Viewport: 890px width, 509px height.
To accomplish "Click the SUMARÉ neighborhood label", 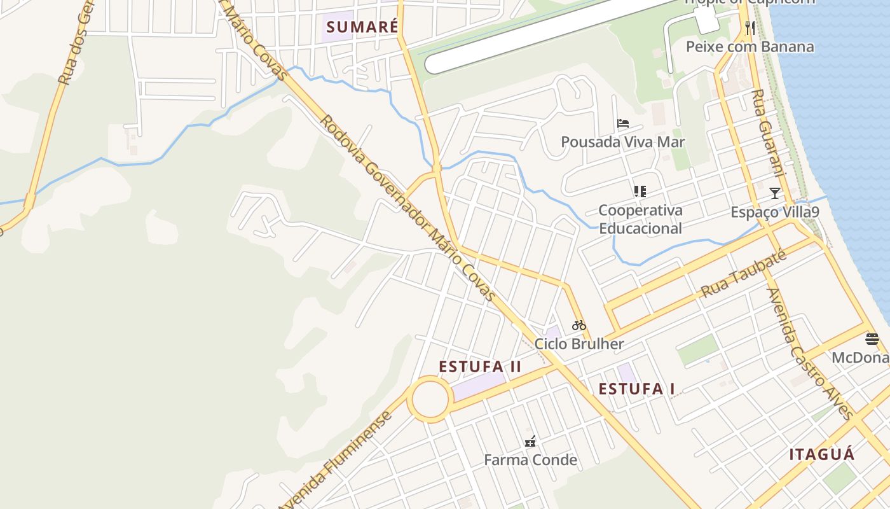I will click(x=362, y=27).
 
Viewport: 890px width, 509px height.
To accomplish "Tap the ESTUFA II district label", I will click(x=480, y=366).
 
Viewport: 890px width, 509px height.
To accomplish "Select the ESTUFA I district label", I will click(x=636, y=389).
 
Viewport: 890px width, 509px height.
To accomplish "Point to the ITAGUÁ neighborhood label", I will click(x=822, y=454).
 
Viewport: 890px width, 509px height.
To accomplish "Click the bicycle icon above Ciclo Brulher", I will click(x=578, y=325).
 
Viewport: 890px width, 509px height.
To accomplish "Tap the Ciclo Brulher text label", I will click(x=579, y=344).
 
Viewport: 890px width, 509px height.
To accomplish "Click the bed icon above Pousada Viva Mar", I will click(x=623, y=123).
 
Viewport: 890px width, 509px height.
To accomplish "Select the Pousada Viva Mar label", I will click(x=623, y=142).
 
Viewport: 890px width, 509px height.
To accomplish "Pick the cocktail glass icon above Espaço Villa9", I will click(x=774, y=193).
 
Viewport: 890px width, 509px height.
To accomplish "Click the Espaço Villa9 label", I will click(x=774, y=212).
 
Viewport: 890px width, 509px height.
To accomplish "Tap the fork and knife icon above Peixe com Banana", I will click(x=750, y=27).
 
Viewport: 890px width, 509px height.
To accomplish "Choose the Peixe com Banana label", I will click(x=750, y=46).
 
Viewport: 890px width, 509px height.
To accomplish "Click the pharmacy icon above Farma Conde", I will click(x=530, y=441).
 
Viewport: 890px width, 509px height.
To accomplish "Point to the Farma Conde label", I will click(x=531, y=459).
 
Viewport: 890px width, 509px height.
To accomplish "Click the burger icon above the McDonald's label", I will click(x=872, y=339).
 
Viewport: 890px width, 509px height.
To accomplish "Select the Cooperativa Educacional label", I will click(x=640, y=219).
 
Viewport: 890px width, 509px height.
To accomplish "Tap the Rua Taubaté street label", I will click(x=744, y=274).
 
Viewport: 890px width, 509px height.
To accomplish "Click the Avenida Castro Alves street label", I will click(x=810, y=354).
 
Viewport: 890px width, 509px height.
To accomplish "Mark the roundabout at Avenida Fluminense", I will click(x=430, y=399).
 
